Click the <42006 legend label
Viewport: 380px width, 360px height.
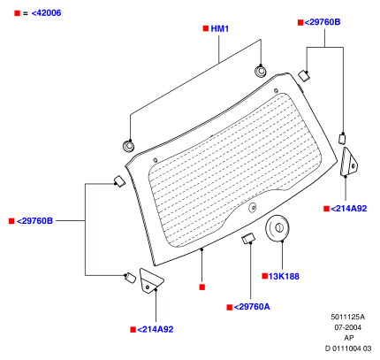click(x=46, y=13)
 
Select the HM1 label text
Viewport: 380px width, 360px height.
click(x=220, y=28)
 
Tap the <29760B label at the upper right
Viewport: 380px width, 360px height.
click(x=323, y=22)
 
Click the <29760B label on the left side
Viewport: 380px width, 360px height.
click(x=34, y=221)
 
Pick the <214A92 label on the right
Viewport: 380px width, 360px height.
click(x=349, y=209)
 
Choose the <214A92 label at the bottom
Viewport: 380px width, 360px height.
click(x=156, y=329)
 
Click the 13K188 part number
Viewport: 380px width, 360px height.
click(x=284, y=276)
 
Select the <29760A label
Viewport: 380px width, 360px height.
click(x=252, y=307)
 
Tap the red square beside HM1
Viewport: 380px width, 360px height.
click(x=206, y=28)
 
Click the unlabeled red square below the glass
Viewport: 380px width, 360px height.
click(x=201, y=287)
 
